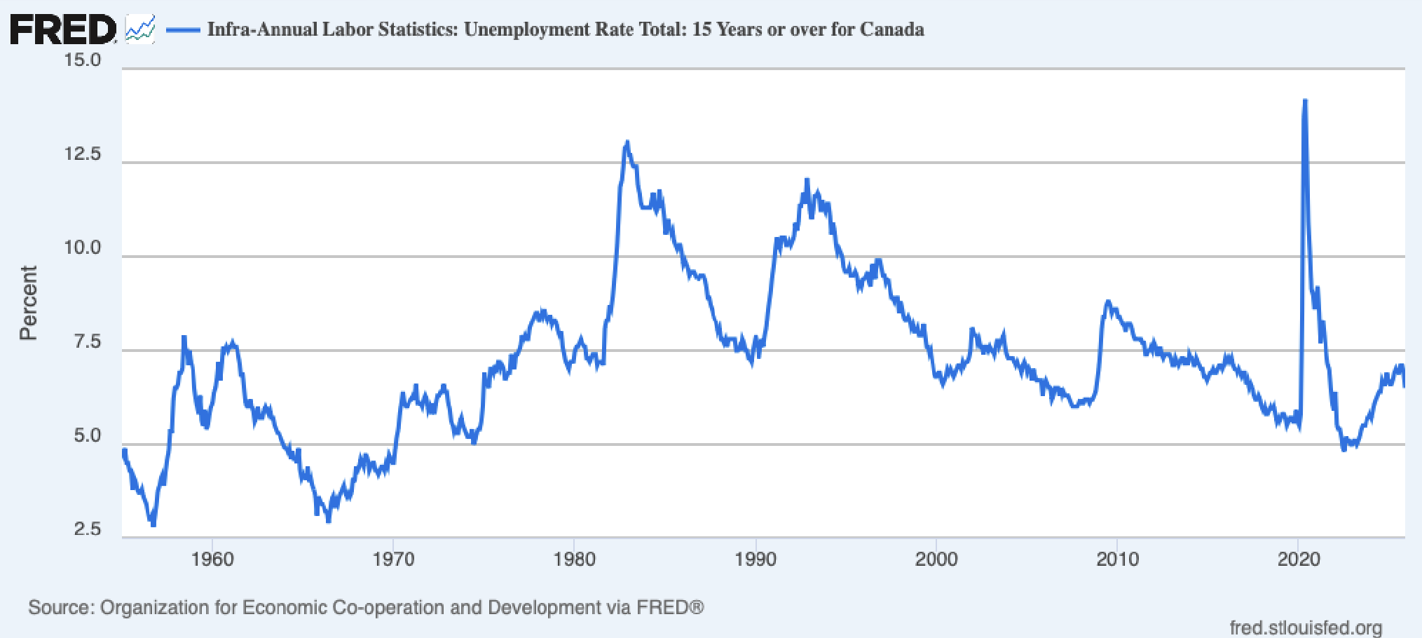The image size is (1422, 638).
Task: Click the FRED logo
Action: point(63,29)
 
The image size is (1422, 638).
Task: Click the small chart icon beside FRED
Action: point(140,29)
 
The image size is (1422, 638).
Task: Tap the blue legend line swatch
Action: point(184,29)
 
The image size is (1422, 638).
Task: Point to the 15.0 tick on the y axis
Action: point(83,60)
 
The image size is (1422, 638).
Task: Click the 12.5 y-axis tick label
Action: point(83,154)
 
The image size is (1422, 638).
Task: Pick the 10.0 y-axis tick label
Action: point(83,248)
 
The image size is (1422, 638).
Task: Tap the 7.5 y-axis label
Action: point(87,342)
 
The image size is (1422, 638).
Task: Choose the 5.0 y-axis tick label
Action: point(87,436)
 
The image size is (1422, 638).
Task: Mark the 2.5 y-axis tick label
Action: point(87,529)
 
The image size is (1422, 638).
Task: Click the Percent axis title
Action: point(28,303)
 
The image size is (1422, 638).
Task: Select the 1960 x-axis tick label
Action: point(212,559)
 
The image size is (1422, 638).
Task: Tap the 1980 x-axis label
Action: point(575,559)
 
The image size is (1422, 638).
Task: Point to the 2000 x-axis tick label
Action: point(936,559)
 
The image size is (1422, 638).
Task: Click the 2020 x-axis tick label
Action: point(1299,559)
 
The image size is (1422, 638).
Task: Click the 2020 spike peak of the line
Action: point(1304,102)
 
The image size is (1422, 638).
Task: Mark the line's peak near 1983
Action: point(627,143)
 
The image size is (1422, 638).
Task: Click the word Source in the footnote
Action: point(60,607)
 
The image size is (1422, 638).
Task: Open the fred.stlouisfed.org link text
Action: point(1306,627)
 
